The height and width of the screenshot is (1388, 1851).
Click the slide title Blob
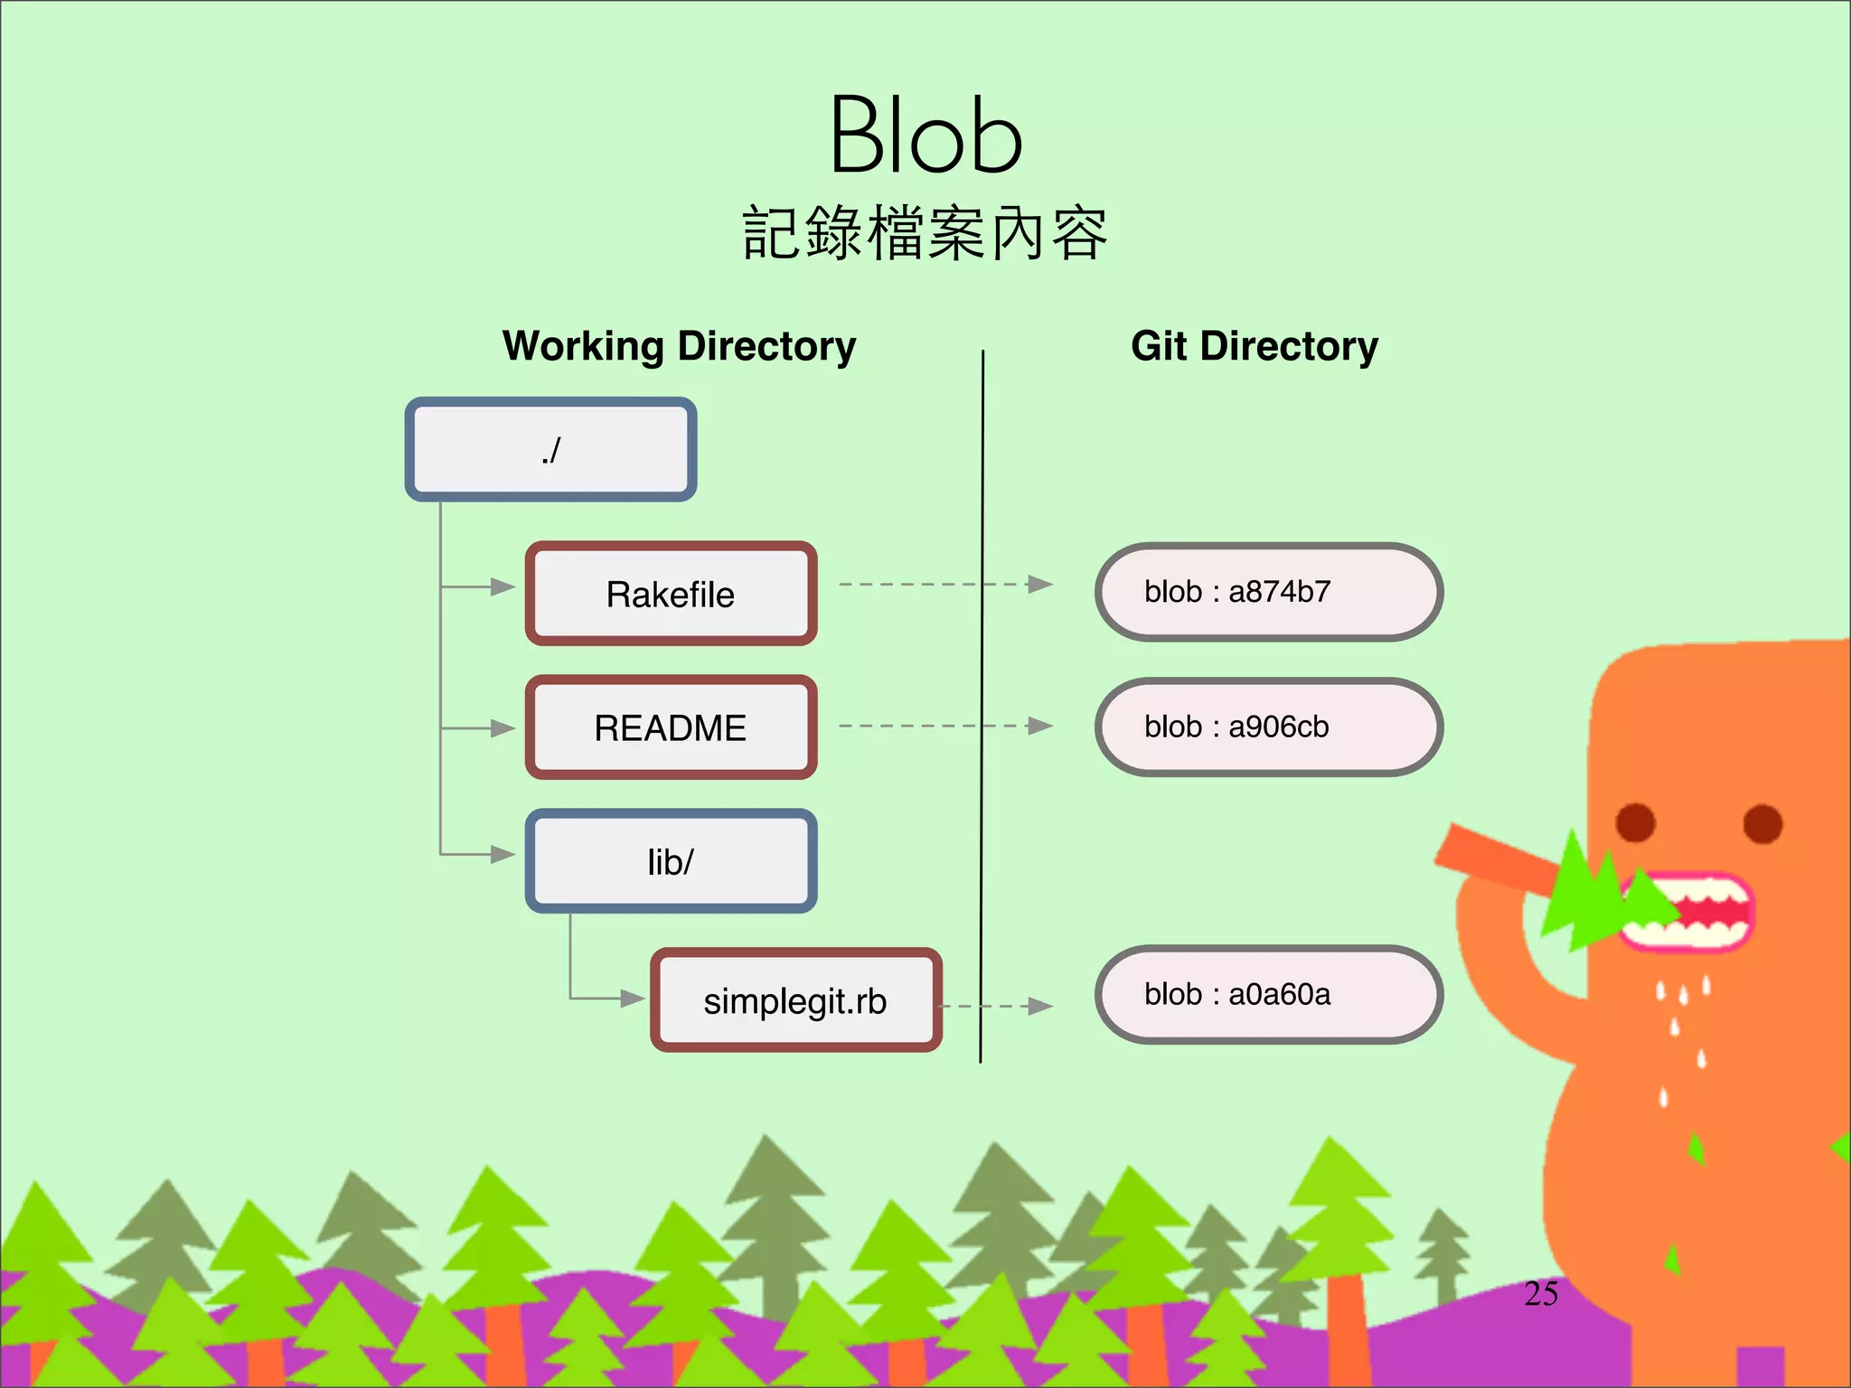925,136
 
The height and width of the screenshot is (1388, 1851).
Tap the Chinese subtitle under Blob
925,233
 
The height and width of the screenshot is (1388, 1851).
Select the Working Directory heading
679,346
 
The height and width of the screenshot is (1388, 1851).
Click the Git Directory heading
1254,346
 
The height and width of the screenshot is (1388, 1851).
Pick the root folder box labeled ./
550,449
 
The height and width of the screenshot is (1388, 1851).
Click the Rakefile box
671,594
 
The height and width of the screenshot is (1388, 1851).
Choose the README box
671,727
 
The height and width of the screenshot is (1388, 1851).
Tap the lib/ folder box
671,861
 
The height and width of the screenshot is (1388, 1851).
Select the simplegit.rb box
795,1000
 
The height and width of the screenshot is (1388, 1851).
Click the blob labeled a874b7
1268,592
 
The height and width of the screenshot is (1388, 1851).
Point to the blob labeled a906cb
1268,727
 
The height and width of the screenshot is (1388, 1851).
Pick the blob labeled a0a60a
1268,994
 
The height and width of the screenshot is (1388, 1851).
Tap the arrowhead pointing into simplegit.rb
632,999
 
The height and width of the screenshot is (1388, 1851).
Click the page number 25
1541,1294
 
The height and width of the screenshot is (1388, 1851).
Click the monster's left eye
1635,822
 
